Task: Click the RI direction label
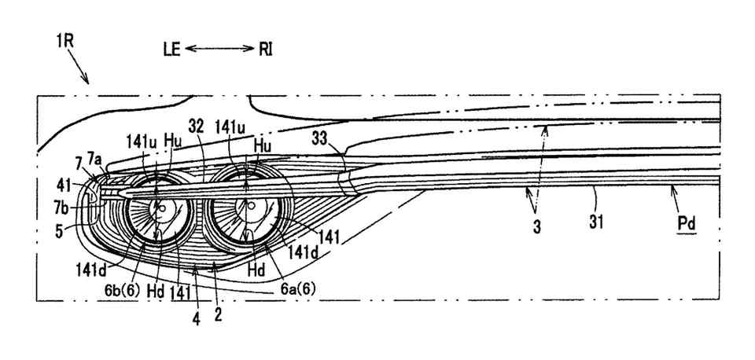coord(266,50)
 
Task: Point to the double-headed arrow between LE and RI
coord(219,50)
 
